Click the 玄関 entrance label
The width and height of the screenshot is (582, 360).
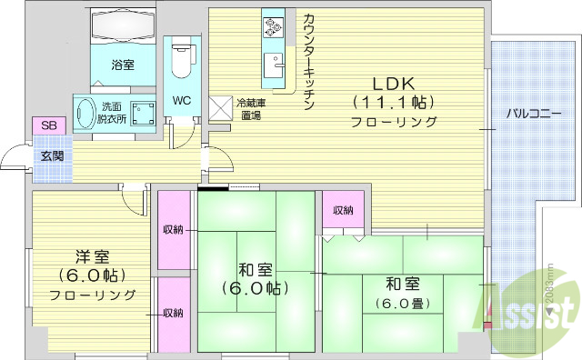(49, 155)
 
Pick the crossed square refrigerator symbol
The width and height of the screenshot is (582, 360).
(221, 108)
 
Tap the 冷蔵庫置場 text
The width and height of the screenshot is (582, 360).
(249, 109)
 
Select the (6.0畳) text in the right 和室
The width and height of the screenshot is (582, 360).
(400, 303)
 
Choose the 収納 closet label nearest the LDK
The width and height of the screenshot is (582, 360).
(343, 210)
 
